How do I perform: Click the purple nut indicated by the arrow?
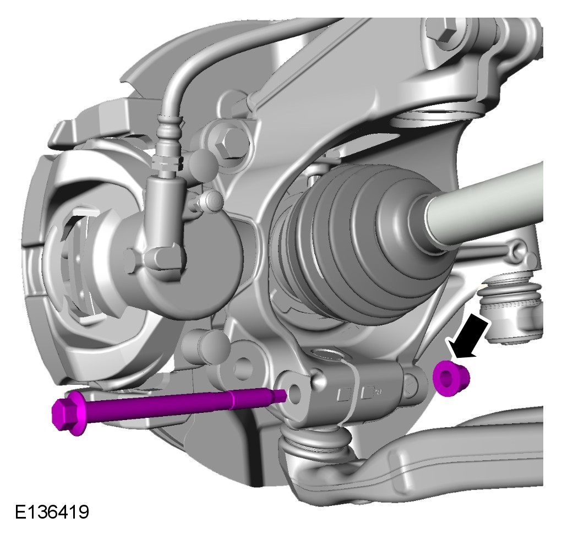click(x=451, y=378)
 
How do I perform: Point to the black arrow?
click(x=469, y=336)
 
